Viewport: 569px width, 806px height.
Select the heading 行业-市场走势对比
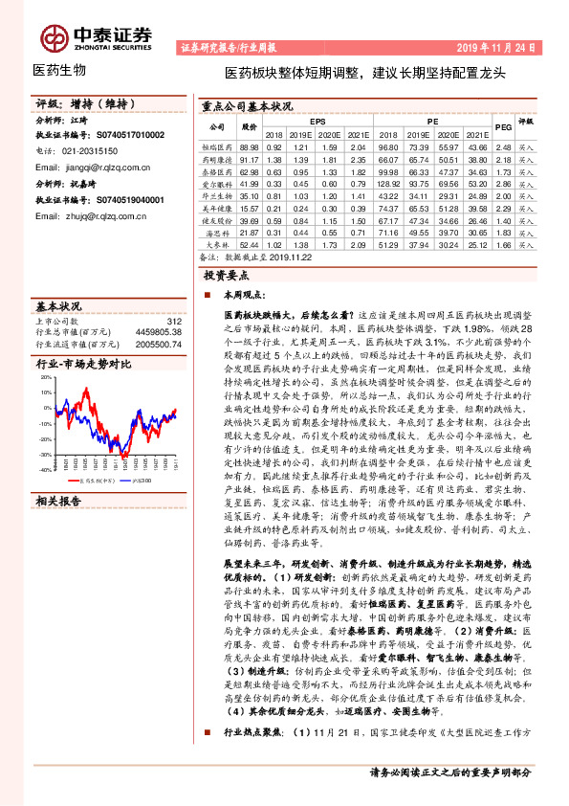click(x=82, y=365)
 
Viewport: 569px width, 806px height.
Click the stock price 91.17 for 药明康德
click(x=250, y=160)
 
